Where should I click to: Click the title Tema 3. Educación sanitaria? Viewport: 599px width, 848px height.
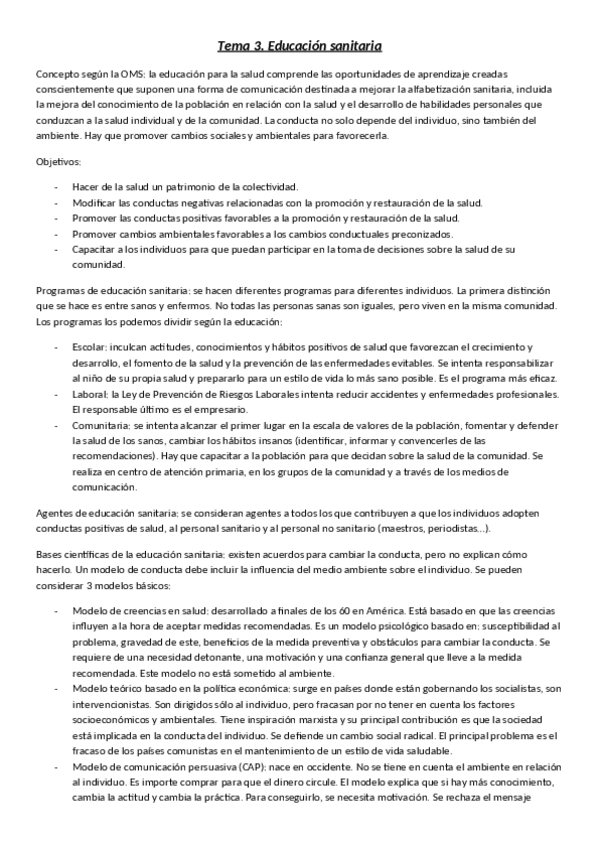(x=300, y=46)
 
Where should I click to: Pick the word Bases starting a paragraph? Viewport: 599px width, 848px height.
(x=51, y=556)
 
